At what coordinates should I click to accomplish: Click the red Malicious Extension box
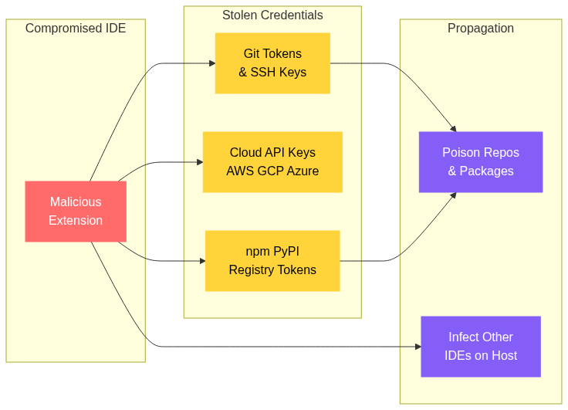point(76,212)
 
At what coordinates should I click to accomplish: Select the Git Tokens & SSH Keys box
point(272,63)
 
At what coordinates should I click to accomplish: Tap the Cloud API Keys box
point(272,162)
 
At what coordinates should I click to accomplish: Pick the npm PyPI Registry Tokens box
point(272,261)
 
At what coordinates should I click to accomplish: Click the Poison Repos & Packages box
point(481,162)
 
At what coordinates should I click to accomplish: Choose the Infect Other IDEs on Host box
point(481,347)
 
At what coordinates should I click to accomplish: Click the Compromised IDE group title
point(76,29)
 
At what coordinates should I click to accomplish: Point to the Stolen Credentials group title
point(272,15)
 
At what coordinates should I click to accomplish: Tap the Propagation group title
point(481,29)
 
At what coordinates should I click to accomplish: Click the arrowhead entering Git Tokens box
point(211,63)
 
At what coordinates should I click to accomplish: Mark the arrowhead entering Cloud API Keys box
point(199,162)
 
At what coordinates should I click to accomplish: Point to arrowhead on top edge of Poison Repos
point(454,128)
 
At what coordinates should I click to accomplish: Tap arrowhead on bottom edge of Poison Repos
point(454,195)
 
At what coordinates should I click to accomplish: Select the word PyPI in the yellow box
point(286,252)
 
